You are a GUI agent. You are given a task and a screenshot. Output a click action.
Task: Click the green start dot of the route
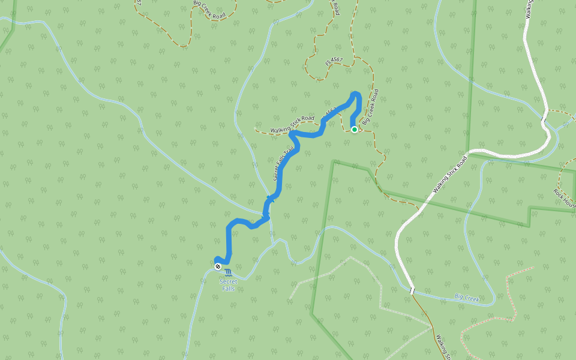355,129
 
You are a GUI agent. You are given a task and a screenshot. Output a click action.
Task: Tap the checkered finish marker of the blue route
218,266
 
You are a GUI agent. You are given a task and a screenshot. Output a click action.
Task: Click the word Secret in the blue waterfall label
228,281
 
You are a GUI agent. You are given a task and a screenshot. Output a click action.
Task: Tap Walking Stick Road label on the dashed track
292,124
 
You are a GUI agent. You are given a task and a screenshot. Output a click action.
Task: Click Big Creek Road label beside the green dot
371,107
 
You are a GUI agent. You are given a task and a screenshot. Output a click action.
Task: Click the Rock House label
565,199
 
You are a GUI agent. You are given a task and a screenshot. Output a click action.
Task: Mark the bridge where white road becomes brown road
412,290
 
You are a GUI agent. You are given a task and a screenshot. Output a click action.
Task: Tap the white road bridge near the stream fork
544,116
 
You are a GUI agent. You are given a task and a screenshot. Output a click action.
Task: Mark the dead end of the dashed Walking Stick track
256,128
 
